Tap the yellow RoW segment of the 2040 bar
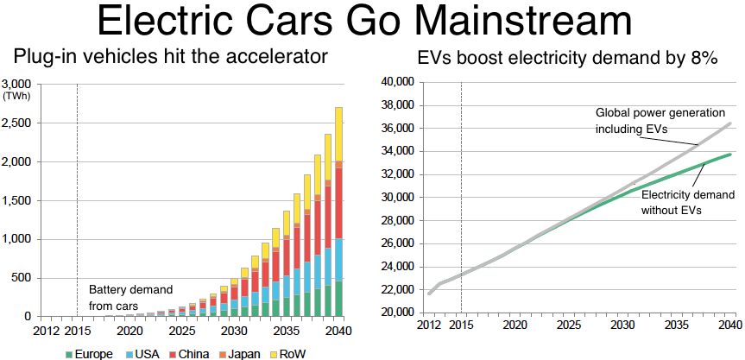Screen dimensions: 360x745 tap(339, 133)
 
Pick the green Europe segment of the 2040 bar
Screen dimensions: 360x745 tap(339, 298)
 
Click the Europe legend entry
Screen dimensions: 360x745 tap(92, 353)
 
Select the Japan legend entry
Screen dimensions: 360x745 tap(221, 353)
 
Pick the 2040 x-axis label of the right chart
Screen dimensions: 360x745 tap(729, 325)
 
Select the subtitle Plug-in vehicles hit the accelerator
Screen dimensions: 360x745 tap(170, 59)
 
